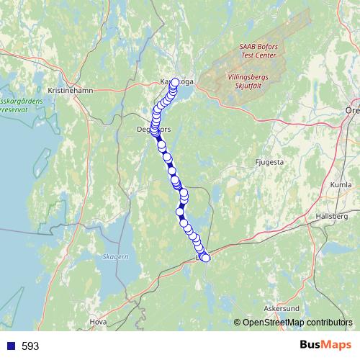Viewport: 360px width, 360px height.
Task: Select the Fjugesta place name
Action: [x=270, y=163]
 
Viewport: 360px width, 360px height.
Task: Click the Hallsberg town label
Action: [x=332, y=216]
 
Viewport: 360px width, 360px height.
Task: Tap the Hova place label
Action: [x=98, y=322]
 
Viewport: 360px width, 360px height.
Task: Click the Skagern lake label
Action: [x=115, y=256]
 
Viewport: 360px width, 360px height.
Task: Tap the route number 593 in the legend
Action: [x=30, y=346]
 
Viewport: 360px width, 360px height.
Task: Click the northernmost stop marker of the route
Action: [x=175, y=82]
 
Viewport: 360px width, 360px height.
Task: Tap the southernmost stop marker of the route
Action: [x=206, y=258]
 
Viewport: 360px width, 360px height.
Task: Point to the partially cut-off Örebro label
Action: [x=352, y=112]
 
